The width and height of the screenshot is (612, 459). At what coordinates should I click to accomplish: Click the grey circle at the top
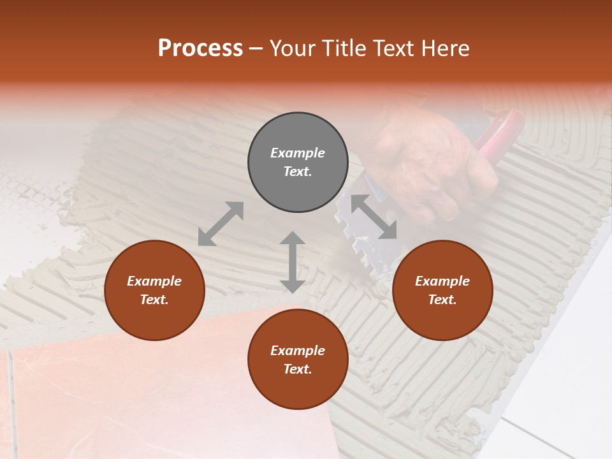[x=298, y=163]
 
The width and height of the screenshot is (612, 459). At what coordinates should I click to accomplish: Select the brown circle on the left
[x=154, y=290]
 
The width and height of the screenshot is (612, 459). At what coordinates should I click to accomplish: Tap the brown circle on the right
[x=442, y=290]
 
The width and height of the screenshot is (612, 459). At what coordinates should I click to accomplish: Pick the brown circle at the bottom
[x=298, y=359]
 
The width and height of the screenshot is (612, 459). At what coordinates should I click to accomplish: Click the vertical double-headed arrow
[x=293, y=262]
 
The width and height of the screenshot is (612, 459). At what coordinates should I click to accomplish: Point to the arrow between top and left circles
[x=221, y=224]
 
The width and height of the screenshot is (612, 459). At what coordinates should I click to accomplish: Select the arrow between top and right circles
[x=374, y=217]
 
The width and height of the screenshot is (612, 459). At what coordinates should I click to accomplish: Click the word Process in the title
[x=200, y=48]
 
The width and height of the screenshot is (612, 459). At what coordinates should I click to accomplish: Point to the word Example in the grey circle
[x=298, y=153]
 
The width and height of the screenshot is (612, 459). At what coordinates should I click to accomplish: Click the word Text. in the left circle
[x=154, y=300]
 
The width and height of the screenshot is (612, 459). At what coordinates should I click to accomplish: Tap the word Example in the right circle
[x=442, y=281]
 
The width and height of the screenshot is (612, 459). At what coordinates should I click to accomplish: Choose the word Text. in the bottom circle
[x=298, y=369]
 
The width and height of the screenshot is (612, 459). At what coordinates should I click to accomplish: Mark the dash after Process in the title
[x=256, y=48]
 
